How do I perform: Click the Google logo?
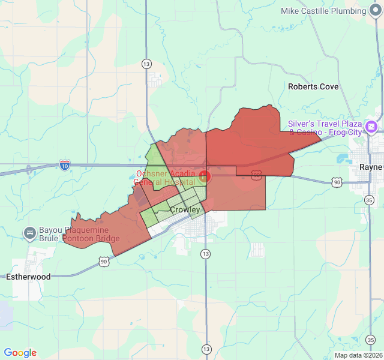click(20, 353)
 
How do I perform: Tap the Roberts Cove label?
click(313, 86)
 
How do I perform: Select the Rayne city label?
click(370, 167)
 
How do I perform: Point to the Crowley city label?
click(185, 210)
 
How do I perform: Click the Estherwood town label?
click(28, 277)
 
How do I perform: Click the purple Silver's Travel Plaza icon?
click(372, 127)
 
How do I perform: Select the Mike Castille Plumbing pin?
click(376, 11)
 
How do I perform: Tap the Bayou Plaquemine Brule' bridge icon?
click(29, 232)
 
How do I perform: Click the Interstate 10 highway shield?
click(65, 164)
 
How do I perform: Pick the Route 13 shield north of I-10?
click(146, 63)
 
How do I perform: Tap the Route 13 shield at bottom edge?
click(206, 349)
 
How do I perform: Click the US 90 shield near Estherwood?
click(104, 261)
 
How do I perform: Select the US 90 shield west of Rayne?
click(337, 181)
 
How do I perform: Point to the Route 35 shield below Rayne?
click(370, 200)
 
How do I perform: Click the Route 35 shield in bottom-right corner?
click(370, 340)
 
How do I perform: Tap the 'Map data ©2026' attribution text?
click(358, 355)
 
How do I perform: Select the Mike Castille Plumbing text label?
click(323, 11)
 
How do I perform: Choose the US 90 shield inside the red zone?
click(256, 175)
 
